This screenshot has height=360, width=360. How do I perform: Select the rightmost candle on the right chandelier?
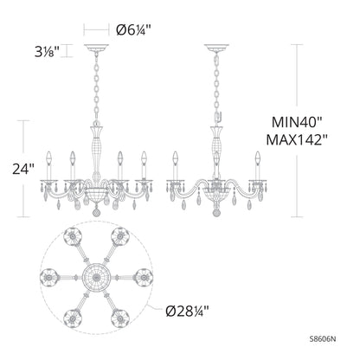[x=257, y=160]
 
